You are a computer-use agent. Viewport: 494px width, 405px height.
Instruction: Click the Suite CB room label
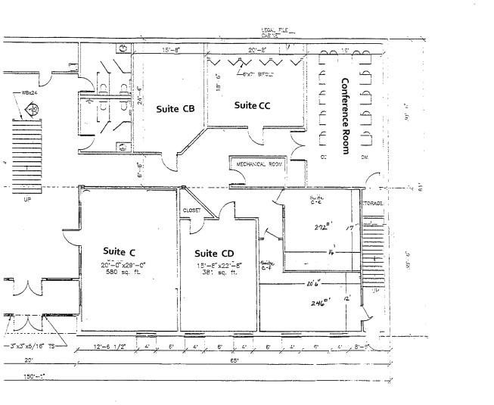(176, 108)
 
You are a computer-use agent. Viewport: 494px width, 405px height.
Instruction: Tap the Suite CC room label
(252, 105)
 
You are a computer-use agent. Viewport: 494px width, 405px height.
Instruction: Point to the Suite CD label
(214, 253)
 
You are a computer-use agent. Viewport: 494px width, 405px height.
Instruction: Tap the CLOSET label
(191, 210)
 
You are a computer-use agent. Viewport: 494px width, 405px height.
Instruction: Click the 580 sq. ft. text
(119, 271)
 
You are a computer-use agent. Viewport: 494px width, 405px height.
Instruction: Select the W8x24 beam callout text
(30, 94)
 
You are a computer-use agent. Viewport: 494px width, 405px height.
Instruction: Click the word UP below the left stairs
(28, 201)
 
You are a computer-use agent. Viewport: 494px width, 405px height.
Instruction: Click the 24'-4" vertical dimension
(138, 96)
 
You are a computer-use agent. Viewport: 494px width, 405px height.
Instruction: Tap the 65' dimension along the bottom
(236, 360)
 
